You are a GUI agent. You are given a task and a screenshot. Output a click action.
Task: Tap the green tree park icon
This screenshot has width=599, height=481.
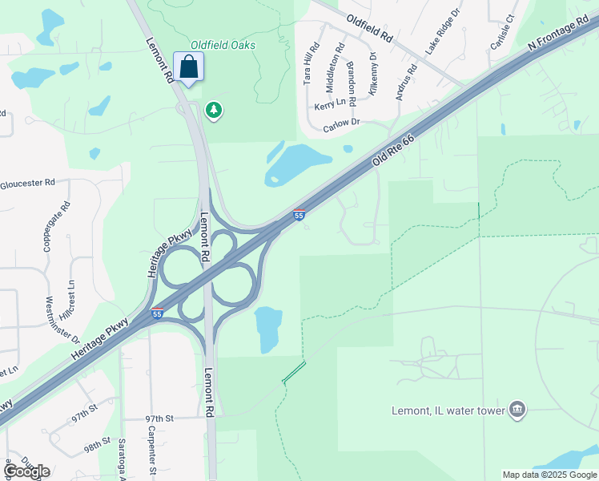(214, 110)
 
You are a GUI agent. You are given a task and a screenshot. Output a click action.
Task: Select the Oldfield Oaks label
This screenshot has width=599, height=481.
(223, 45)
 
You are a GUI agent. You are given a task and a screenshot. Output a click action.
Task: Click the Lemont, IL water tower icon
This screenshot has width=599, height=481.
(517, 410)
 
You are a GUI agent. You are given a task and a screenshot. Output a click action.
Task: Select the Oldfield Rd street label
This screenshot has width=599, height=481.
(370, 29)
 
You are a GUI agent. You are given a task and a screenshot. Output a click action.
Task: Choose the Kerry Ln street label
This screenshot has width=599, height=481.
(330, 105)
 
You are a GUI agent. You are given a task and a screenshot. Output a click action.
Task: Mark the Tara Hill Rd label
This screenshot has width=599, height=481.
(311, 63)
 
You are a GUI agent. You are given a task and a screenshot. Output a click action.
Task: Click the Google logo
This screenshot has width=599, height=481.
(26, 471)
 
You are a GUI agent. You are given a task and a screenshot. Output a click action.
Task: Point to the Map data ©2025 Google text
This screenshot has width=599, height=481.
(549, 475)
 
